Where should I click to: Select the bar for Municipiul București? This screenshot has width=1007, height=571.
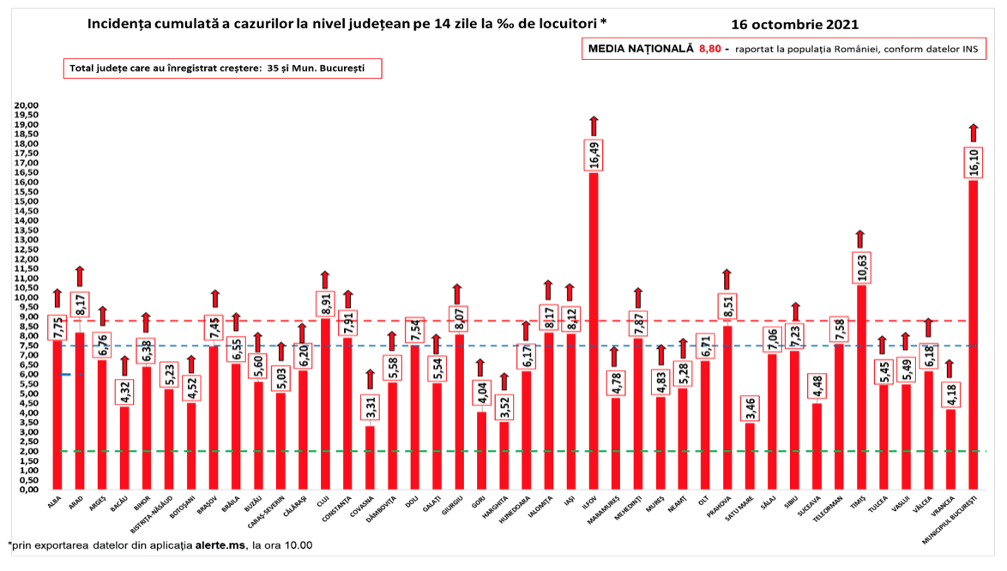973,334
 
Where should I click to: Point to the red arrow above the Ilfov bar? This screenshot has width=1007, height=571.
594,126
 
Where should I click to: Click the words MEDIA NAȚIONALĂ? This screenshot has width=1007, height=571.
640,49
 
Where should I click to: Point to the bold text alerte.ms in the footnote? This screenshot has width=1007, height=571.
220,544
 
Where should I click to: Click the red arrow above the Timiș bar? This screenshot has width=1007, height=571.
861,238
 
